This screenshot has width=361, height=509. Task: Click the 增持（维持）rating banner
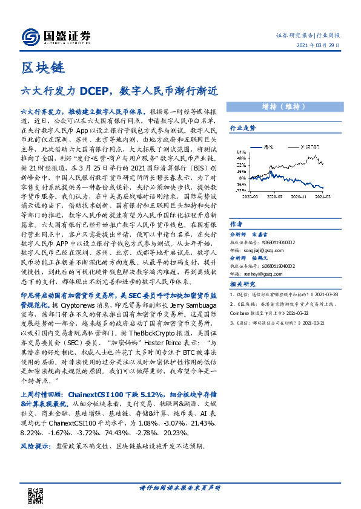282,106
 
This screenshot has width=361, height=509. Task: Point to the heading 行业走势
242,128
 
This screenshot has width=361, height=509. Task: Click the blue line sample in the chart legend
256,147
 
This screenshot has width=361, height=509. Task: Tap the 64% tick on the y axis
240,151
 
